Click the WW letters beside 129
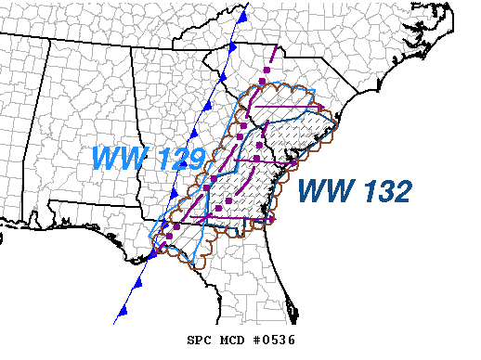[x=118, y=159]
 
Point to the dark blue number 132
[x=383, y=192]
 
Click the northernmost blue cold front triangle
[x=241, y=17]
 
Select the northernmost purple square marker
[x=263, y=82]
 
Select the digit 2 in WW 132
[x=400, y=192]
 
